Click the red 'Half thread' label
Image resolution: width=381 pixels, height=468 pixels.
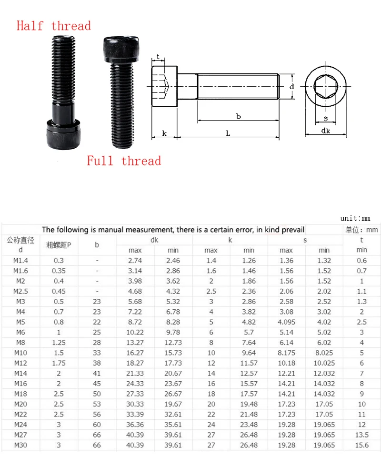click(53, 25)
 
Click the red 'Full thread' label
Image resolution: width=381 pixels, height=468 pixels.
click(124, 161)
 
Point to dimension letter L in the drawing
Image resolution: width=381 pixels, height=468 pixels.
click(228, 134)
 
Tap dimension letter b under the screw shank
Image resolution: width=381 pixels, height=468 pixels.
click(238, 116)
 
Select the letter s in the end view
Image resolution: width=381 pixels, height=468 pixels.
click(325, 118)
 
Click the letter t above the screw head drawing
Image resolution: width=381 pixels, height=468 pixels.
click(158, 56)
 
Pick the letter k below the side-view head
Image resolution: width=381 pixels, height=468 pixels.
click(164, 134)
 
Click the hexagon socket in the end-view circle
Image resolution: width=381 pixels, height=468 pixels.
click(325, 87)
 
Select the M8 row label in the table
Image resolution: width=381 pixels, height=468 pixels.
click(20, 343)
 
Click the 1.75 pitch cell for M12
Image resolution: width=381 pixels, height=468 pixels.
click(59, 363)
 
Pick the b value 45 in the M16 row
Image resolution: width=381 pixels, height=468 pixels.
click(97, 384)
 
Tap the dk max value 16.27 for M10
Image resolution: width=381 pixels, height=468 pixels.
click(135, 353)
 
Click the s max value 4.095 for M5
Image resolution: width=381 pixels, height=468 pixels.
click(286, 322)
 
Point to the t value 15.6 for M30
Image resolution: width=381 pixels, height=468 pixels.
click(362, 445)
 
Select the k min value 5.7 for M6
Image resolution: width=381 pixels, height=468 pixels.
click(249, 332)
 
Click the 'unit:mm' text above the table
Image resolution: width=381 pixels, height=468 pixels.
click(355, 218)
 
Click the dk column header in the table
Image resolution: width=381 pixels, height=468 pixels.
click(154, 240)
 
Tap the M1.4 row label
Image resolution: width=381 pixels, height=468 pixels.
click(20, 260)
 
